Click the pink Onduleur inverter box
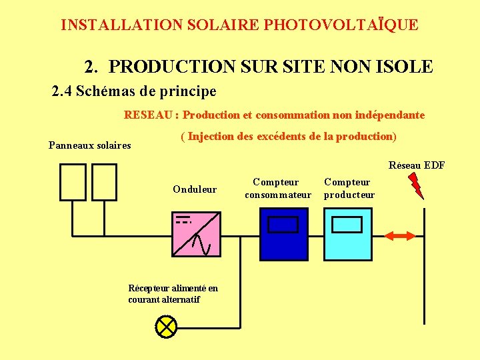tap(196, 233)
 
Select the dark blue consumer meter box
tap(283, 234)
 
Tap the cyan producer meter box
tap(347, 234)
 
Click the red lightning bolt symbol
tap(415, 185)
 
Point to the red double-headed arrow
tap(401, 235)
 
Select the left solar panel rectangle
tap(73, 182)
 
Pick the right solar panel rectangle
tap(104, 182)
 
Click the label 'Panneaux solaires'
tap(90, 145)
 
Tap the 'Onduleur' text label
tap(195, 189)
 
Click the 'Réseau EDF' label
tap(417, 165)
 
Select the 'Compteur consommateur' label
tap(277, 188)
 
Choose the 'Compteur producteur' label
tap(349, 188)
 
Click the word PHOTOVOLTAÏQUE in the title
tap(341, 25)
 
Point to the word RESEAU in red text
tap(148, 115)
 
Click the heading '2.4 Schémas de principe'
tap(134, 91)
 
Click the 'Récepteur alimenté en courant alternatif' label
tap(173, 294)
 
